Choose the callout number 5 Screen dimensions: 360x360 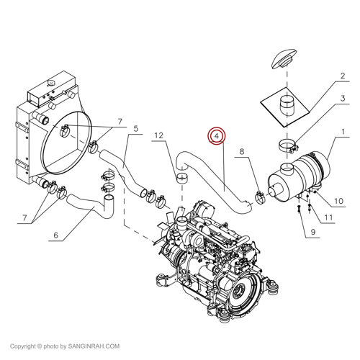click(x=133, y=130)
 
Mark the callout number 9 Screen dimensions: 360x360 click(x=314, y=233)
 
